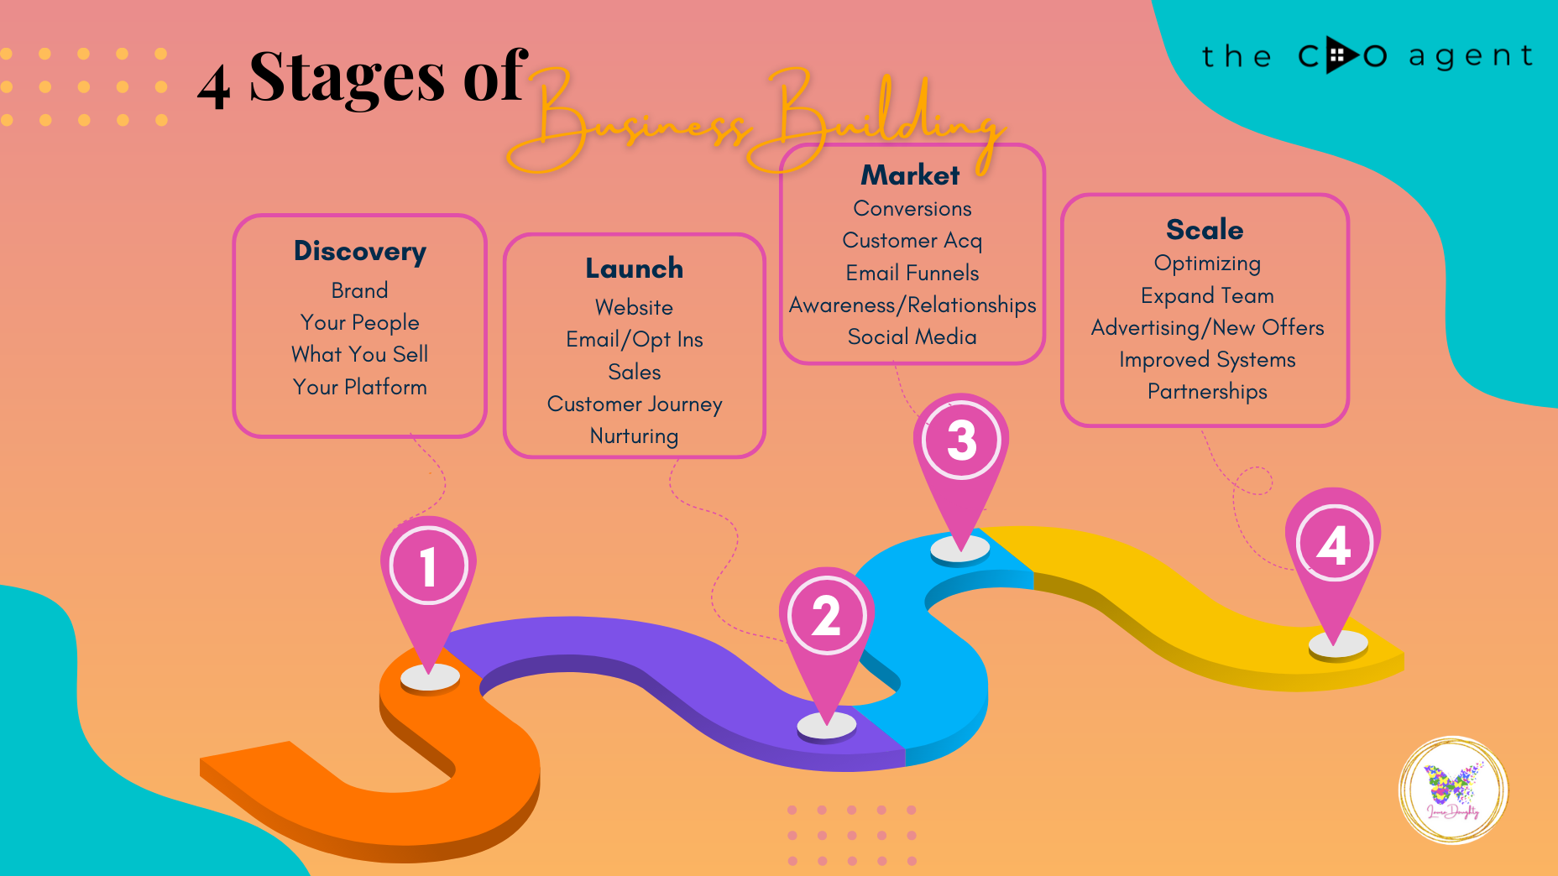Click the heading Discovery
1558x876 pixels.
[x=360, y=252]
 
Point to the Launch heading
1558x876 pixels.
[x=635, y=269]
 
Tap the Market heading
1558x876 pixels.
[x=911, y=175]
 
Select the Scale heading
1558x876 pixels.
[x=1205, y=230]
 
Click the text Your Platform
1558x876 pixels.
[x=360, y=388]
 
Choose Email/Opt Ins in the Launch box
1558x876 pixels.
[x=635, y=340]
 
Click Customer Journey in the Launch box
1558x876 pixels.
[x=635, y=404]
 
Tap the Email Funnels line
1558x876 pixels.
[x=912, y=274]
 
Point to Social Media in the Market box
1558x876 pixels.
[x=912, y=337]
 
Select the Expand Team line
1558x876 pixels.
[x=1207, y=296]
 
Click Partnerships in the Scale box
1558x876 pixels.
[x=1207, y=392]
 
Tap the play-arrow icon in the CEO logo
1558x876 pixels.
[x=1341, y=55]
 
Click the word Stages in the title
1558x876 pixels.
[x=347, y=77]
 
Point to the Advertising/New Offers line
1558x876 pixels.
[x=1207, y=328]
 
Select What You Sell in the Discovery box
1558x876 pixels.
[x=360, y=355]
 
